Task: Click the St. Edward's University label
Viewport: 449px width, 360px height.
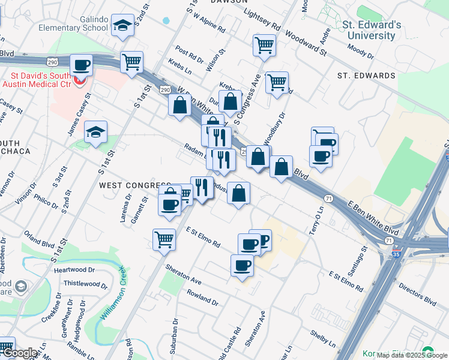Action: [370, 30]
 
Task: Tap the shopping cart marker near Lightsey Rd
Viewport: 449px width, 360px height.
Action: [264, 44]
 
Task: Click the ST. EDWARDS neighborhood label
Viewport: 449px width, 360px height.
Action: [366, 76]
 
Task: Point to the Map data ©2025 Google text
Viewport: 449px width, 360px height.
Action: [412, 355]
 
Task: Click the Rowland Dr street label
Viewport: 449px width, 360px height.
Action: [202, 296]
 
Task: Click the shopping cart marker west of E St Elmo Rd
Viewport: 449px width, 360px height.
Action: [164, 239]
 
